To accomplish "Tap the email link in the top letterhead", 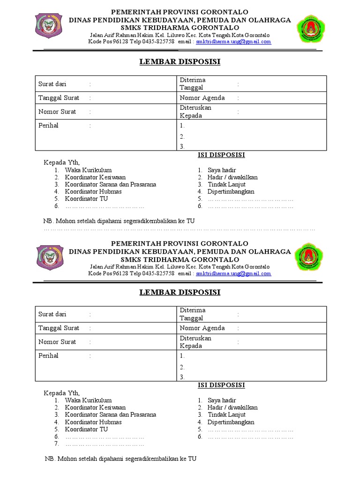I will [233, 41].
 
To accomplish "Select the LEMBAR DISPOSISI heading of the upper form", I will [180, 62].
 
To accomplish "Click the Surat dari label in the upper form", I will [52, 84].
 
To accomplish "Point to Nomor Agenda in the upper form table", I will [202, 98].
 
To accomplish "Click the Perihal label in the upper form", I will [48, 126].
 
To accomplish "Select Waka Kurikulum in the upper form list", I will [88, 170].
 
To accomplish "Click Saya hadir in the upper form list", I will [222, 170].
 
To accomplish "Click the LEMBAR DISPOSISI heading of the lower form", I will [180, 292].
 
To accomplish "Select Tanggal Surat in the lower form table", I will [59, 328].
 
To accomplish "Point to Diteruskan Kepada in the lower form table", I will [195, 342].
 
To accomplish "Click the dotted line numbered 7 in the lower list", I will [105, 443].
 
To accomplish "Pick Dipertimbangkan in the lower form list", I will [231, 422].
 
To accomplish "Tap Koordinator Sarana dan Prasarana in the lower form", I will [111, 415].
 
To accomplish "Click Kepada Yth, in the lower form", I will [62, 393].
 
